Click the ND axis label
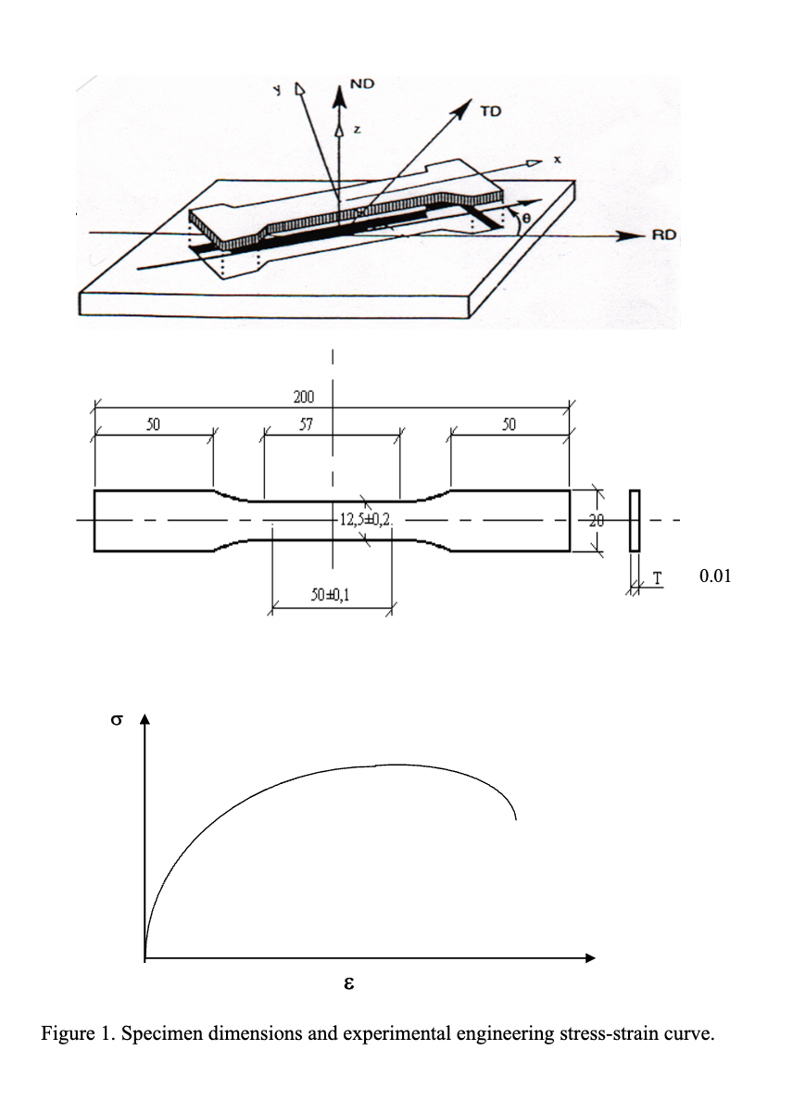pyautogui.click(x=362, y=84)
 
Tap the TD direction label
pyautogui.click(x=490, y=112)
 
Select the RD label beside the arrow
pyautogui.click(x=663, y=235)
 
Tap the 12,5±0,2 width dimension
pyautogui.click(x=365, y=520)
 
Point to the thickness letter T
pyautogui.click(x=657, y=577)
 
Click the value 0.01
pyautogui.click(x=715, y=576)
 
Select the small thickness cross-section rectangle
pyautogui.click(x=635, y=521)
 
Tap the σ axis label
pyautogui.click(x=116, y=722)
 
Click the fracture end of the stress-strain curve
pyautogui.click(x=515, y=818)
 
